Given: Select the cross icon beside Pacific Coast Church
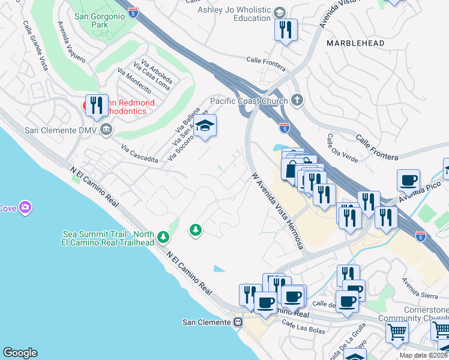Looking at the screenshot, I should pos(296,100).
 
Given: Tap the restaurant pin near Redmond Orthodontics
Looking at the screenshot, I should pos(97,106).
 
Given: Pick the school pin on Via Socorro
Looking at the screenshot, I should pos(205,126).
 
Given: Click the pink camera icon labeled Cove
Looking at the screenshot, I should pos(25,208).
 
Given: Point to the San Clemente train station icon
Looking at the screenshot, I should pos(238,322).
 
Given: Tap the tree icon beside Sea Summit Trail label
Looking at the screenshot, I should pos(163,238).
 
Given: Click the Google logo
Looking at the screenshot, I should pos(20,353).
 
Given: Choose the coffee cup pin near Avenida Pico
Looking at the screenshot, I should pos(408,180).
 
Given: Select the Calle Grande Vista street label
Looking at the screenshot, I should pos(35,46).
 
